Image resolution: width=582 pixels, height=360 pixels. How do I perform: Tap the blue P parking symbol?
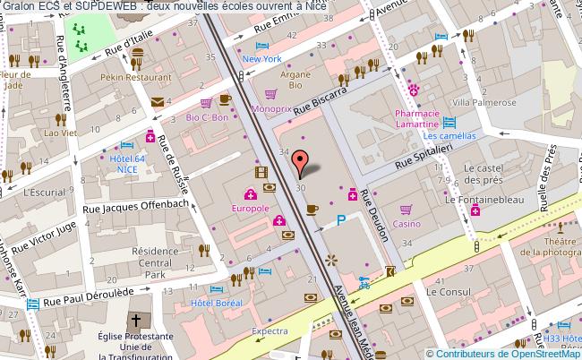[x=341, y=220]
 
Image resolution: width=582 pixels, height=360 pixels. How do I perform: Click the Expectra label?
[x=270, y=330]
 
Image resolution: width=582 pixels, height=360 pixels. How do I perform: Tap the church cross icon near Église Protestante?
[x=135, y=320]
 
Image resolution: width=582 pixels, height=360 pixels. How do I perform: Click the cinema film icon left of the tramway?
[x=260, y=173]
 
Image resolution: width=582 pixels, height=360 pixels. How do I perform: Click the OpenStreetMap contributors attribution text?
[x=502, y=353]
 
